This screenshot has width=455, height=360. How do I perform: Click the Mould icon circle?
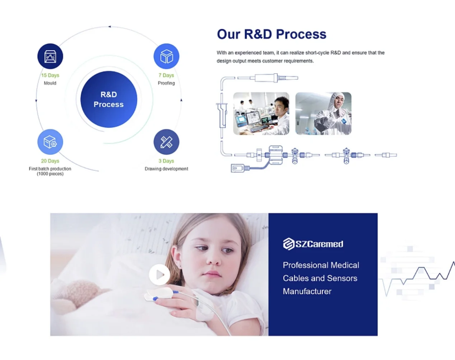(50, 56)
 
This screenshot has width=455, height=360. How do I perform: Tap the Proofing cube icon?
(166, 56)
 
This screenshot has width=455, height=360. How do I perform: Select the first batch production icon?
(50, 142)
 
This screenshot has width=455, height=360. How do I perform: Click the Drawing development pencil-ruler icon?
(166, 142)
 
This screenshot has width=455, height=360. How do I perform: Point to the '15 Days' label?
(50, 75)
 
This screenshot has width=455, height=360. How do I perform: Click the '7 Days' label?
(166, 75)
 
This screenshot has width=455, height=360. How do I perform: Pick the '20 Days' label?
(50, 161)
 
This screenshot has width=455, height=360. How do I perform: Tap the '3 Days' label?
(166, 161)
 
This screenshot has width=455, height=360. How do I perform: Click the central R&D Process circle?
(109, 99)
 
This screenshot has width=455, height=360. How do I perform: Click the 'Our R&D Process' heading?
(272, 34)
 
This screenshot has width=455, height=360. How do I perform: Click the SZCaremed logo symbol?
(289, 244)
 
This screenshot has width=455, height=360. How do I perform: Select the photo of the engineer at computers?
(261, 113)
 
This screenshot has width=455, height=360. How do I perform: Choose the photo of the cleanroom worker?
(323, 113)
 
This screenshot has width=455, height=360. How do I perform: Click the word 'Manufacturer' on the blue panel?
(307, 291)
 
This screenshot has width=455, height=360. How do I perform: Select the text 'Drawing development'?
(166, 169)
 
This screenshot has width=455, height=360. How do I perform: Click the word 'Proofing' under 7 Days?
(166, 83)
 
